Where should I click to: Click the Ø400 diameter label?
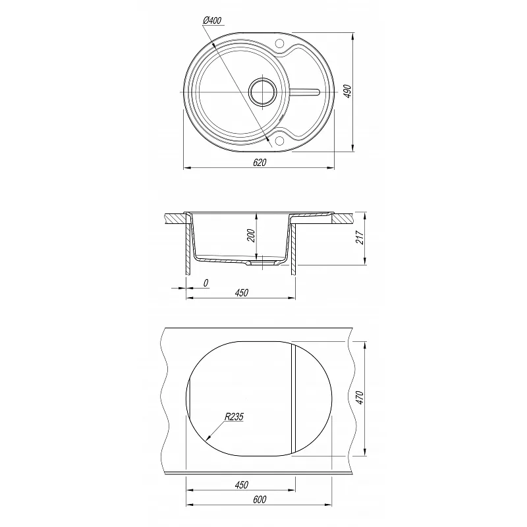[212, 20]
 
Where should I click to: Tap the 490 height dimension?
[348, 92]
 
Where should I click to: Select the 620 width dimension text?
[260, 163]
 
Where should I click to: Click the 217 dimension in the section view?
[360, 237]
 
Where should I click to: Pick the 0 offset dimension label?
[206, 283]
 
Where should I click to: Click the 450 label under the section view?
[241, 292]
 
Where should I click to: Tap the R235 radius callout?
[234, 417]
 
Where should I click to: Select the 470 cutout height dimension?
[360, 398]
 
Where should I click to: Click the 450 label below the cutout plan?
[241, 485]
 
